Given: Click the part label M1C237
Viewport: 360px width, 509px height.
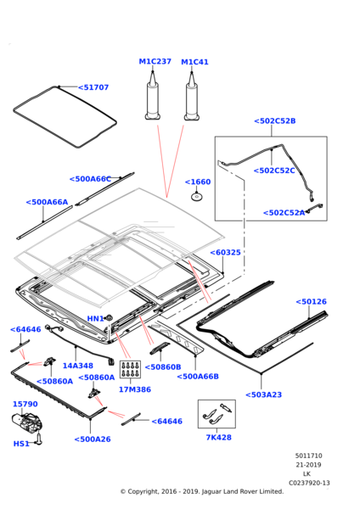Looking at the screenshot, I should pyautogui.click(x=155, y=62).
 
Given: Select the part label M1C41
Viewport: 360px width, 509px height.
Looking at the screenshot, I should pyautogui.click(x=194, y=62).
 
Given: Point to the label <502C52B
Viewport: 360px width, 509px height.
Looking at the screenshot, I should pyautogui.click(x=274, y=121).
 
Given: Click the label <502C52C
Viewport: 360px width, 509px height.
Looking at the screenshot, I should pyautogui.click(x=274, y=171).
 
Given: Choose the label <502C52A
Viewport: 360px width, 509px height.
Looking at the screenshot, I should pyautogui.click(x=284, y=213).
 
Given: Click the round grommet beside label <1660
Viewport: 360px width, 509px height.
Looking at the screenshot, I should pyautogui.click(x=197, y=197).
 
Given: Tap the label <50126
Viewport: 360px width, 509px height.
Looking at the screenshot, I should pyautogui.click(x=311, y=301).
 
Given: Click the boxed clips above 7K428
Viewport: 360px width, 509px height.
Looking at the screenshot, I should pyautogui.click(x=217, y=413).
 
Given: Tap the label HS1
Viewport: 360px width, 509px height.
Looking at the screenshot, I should pyautogui.click(x=21, y=444).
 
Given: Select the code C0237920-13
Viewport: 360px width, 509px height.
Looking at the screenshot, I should pyautogui.click(x=309, y=482).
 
